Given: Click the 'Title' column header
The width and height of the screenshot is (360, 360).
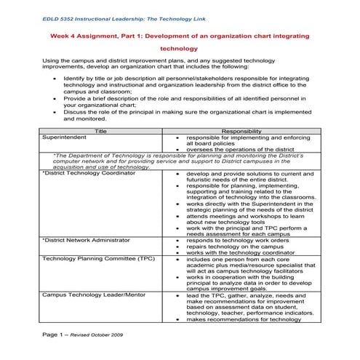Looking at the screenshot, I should pyautogui.click(x=100, y=131).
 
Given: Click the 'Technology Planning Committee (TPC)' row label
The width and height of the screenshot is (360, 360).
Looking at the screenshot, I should pyautogui.click(x=87, y=258).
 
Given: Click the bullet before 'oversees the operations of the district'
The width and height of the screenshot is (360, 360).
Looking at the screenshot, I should pyautogui.click(x=178, y=149).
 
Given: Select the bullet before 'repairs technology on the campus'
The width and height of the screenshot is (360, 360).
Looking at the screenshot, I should pyautogui.click(x=178, y=246).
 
